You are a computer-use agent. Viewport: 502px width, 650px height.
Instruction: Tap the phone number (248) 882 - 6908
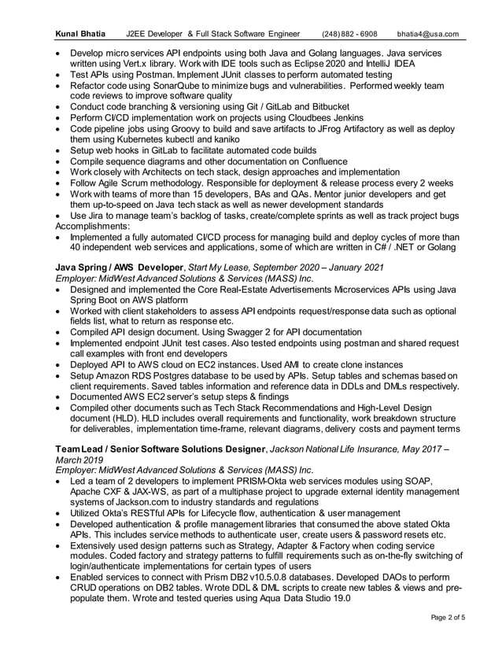click(x=349, y=35)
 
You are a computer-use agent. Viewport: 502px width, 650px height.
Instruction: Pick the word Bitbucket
click(x=326, y=106)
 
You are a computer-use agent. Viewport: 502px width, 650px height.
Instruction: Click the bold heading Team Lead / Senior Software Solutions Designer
click(x=160, y=449)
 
